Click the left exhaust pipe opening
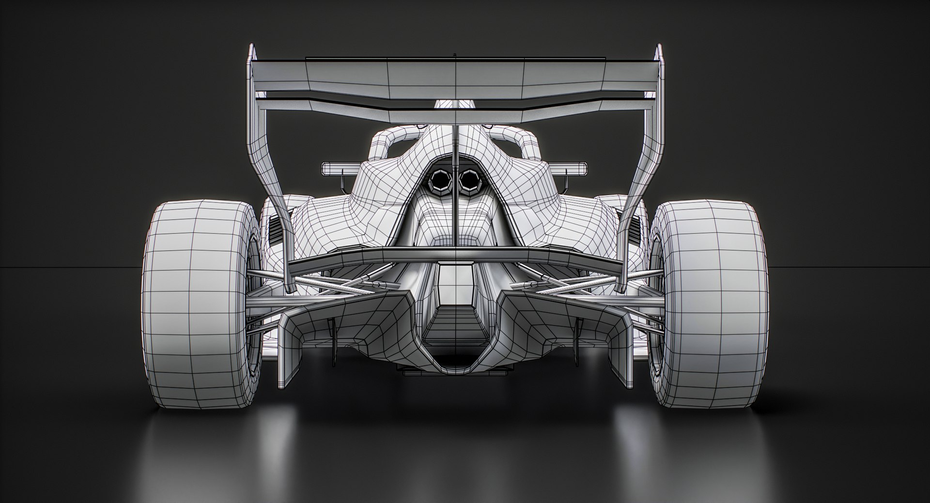[x=441, y=181]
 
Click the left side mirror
[x=339, y=169]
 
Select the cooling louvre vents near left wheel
[x=275, y=230]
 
